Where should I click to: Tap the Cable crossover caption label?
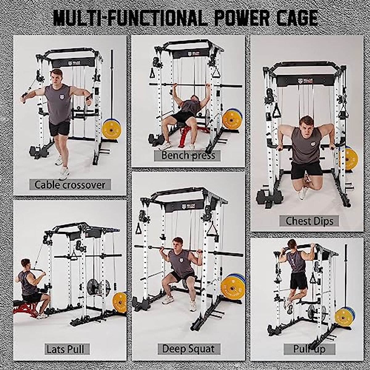tap(70, 185)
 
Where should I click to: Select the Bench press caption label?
tap(188, 155)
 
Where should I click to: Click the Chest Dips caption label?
tap(309, 221)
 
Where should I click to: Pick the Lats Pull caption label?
tap(65, 349)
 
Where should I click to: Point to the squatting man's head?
tap(178, 243)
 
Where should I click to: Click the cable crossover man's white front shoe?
tap(64, 173)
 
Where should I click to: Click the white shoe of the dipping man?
tap(303, 193)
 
